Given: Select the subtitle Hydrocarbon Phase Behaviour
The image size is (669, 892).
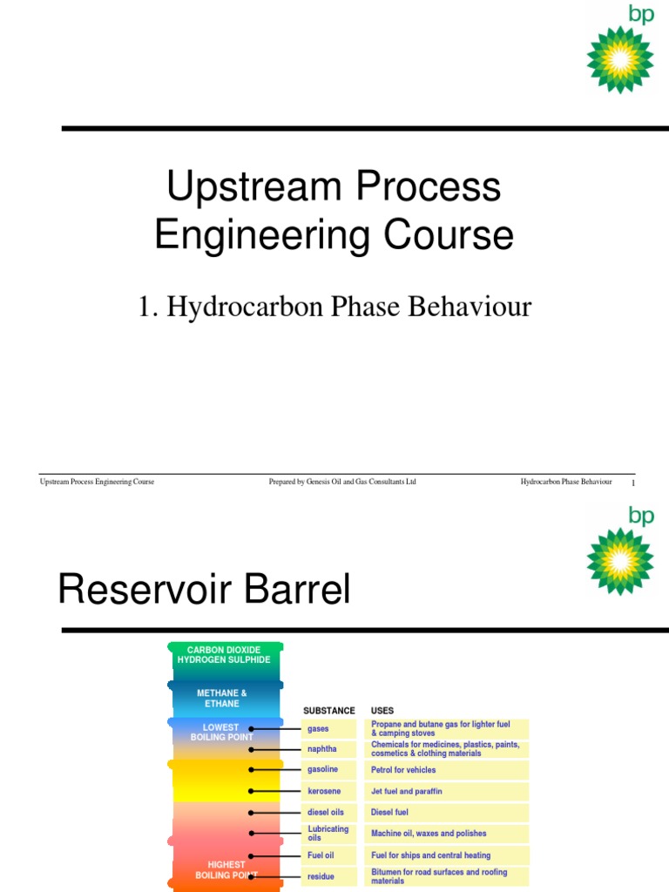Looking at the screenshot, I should click(334, 307).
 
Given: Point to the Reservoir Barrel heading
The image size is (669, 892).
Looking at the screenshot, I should click(204, 590).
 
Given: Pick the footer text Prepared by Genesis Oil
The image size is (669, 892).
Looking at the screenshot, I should click(342, 482).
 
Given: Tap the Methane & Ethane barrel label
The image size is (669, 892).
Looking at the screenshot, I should click(222, 698).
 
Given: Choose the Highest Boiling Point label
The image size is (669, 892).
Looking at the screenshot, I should click(226, 869).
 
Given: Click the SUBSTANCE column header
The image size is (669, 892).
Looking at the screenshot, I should click(329, 711).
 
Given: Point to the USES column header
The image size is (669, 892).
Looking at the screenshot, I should click(382, 711).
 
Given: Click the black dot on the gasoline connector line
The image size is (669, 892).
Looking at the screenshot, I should click(251, 770).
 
